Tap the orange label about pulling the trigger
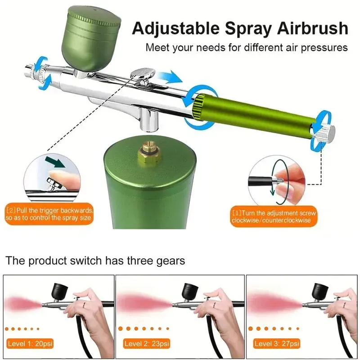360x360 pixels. [50, 214]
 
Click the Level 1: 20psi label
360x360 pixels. [31, 343]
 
